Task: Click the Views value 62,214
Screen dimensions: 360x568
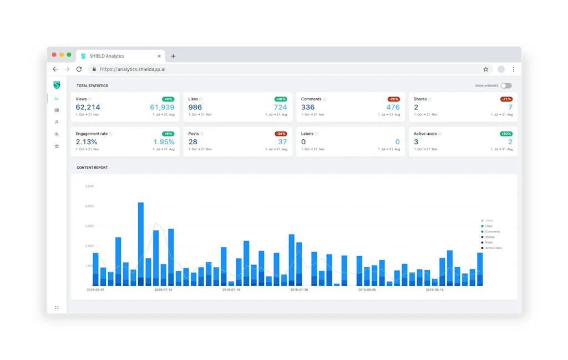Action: tap(88, 107)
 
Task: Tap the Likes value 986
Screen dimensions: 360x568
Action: tap(195, 107)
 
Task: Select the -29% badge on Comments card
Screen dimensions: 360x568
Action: tap(393, 99)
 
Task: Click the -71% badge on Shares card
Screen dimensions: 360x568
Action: tap(506, 99)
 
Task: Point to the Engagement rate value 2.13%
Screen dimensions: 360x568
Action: tap(86, 142)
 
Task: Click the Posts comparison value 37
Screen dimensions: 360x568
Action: tap(282, 142)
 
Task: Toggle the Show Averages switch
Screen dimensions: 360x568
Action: tap(505, 86)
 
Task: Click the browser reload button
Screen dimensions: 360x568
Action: tap(79, 69)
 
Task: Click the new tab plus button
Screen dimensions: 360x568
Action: tap(173, 56)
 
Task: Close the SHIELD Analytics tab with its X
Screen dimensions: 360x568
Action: tap(159, 56)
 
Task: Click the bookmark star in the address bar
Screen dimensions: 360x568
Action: tap(485, 69)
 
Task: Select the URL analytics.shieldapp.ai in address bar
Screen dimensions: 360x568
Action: tap(133, 69)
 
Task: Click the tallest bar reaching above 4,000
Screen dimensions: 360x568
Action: tap(141, 244)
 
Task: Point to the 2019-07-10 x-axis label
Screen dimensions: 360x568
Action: tap(163, 290)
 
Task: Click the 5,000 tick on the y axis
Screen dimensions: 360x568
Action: tap(89, 186)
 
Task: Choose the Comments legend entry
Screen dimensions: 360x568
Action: tap(492, 232)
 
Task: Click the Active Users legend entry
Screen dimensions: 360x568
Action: tap(493, 248)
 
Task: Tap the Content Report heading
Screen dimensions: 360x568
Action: tap(92, 168)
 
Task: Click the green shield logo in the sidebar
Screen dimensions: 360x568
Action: tap(57, 85)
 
